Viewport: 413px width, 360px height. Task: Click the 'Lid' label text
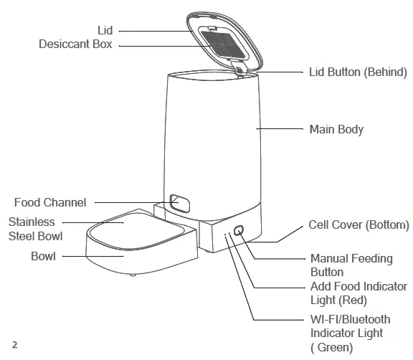pyautogui.click(x=105, y=30)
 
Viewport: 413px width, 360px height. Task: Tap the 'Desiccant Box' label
pyautogui.click(x=75, y=44)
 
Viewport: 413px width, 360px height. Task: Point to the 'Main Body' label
pyautogui.click(x=336, y=130)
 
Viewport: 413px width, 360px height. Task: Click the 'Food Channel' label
pyautogui.click(x=50, y=203)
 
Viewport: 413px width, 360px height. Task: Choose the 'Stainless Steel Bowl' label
pyautogui.click(x=35, y=229)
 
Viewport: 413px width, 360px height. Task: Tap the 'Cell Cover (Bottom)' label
pyautogui.click(x=359, y=225)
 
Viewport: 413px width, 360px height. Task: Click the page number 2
pyautogui.click(x=14, y=344)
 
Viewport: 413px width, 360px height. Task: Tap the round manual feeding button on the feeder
pyautogui.click(x=238, y=232)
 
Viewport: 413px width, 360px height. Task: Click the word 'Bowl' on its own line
pyautogui.click(x=43, y=255)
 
